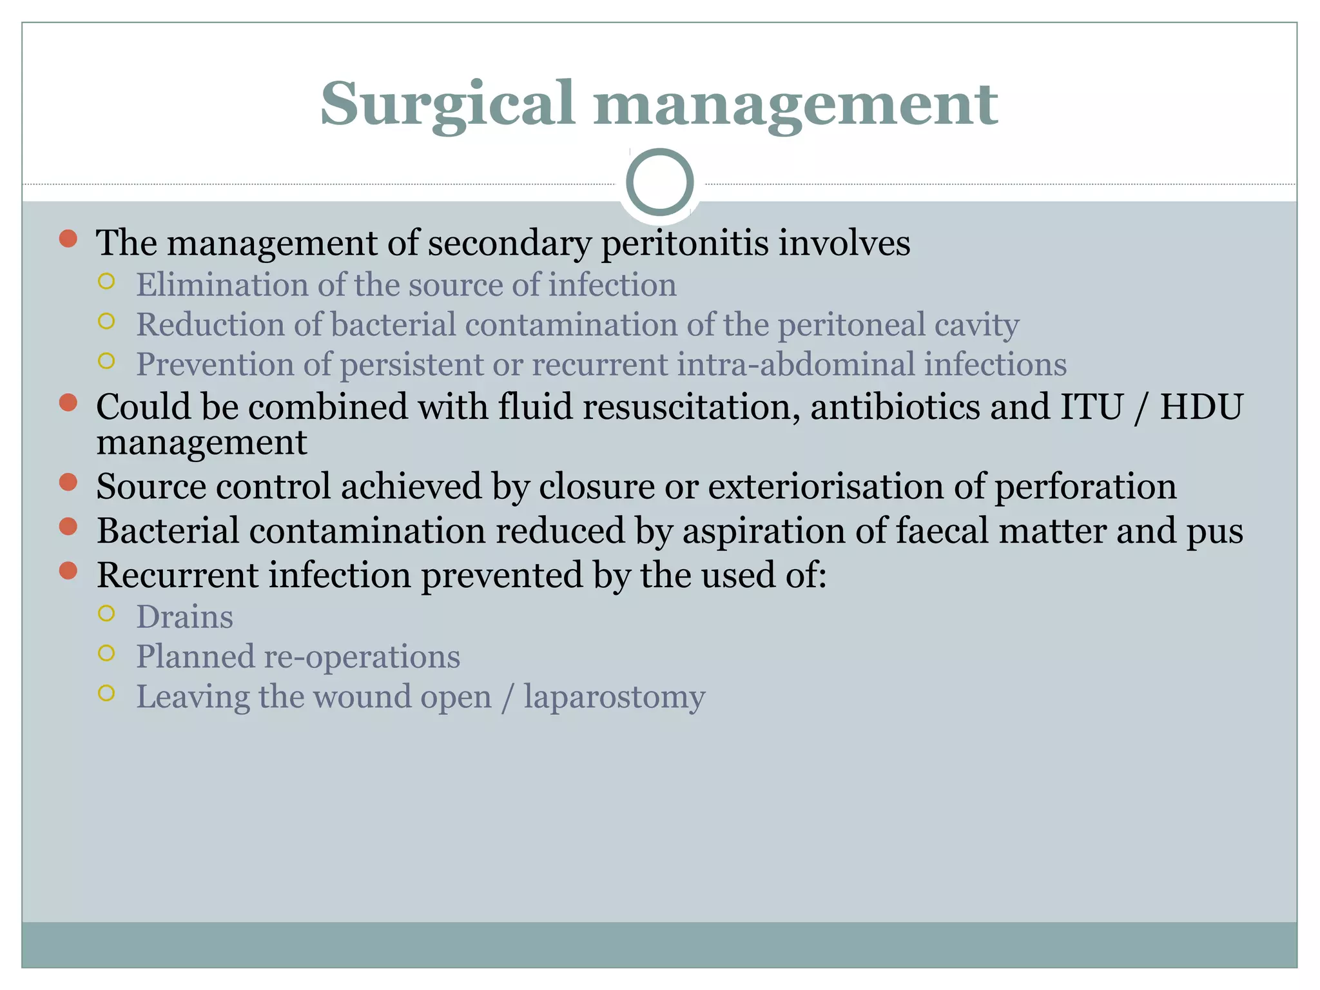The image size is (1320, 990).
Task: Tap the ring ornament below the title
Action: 659,182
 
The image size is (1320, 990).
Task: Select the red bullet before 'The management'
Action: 68,239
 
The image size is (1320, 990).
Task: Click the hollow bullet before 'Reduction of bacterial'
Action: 106,321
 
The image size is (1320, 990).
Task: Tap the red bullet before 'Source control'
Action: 68,482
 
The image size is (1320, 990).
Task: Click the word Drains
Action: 184,617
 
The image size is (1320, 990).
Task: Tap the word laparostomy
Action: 614,697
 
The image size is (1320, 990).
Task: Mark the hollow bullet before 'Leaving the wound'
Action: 106,693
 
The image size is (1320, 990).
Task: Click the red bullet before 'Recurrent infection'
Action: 68,570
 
